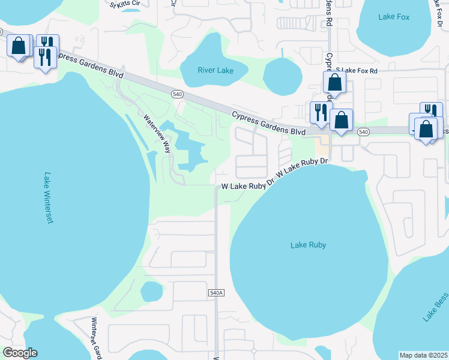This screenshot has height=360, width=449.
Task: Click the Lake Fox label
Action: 394,17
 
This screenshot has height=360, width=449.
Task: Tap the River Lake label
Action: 215,71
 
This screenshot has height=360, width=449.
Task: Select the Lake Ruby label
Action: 307,245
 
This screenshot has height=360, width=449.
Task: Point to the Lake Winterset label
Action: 49,198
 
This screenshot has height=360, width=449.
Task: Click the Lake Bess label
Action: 435,308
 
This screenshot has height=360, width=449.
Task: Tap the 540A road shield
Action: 217,292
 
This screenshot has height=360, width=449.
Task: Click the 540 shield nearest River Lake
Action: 177,94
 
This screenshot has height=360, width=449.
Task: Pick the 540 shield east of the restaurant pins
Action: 363,131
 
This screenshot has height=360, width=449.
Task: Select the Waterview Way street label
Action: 158,133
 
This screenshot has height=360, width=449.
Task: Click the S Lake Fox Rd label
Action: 357,71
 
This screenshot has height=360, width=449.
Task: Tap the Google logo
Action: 20,353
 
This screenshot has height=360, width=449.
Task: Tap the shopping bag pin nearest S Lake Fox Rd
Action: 335,82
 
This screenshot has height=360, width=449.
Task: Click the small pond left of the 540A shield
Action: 151,292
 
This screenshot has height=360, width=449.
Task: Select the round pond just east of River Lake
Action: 282,76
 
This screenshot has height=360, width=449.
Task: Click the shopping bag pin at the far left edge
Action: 19,46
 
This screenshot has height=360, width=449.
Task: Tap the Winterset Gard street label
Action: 94,338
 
